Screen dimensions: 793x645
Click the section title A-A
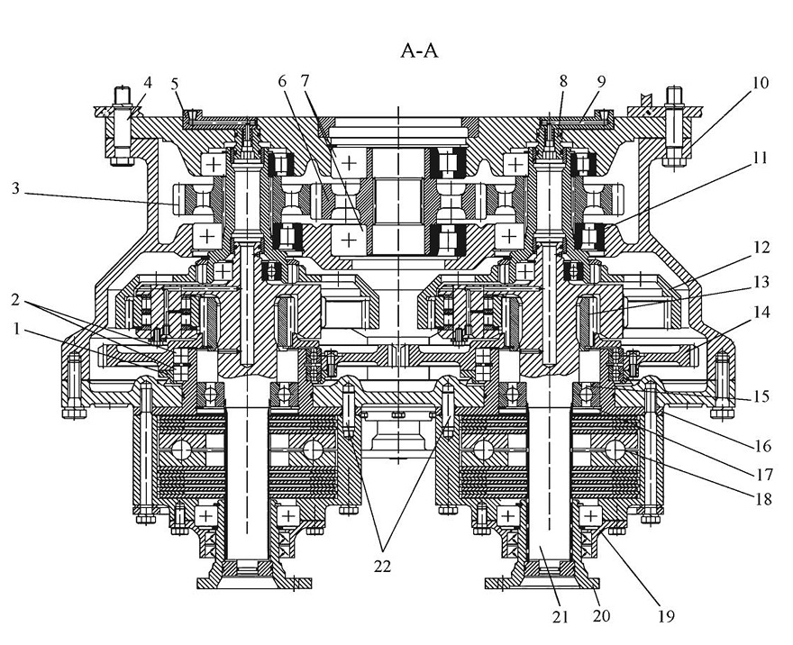[x=419, y=51]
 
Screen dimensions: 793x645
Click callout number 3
[x=16, y=188]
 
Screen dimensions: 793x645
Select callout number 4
[x=148, y=82]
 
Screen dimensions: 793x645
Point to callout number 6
[x=282, y=81]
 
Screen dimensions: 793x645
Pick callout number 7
[x=305, y=81]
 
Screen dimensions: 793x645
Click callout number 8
[x=563, y=81]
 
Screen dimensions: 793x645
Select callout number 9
[x=601, y=81]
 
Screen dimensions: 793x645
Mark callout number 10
[x=761, y=82]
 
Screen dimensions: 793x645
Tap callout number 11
[x=760, y=158]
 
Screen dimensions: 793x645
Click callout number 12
[x=761, y=247]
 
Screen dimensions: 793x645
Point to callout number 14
[x=761, y=312]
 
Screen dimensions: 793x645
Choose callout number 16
[x=763, y=446]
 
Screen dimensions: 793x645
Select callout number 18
[x=763, y=499]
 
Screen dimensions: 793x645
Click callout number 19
[x=666, y=616]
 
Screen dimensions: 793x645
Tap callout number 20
[x=601, y=615]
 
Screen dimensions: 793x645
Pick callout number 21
[x=560, y=617]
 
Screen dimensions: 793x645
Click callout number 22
[x=383, y=566]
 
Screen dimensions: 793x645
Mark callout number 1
[x=17, y=330]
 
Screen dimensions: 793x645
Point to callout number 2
[x=16, y=300]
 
